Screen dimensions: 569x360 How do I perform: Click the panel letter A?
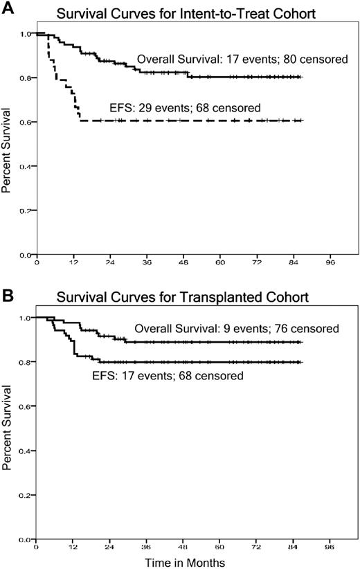[7, 8]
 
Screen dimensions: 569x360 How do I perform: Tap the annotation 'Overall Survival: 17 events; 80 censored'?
[242, 60]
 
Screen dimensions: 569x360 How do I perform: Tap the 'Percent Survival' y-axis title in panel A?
[8, 144]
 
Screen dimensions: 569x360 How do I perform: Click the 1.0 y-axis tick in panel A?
[25, 33]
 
